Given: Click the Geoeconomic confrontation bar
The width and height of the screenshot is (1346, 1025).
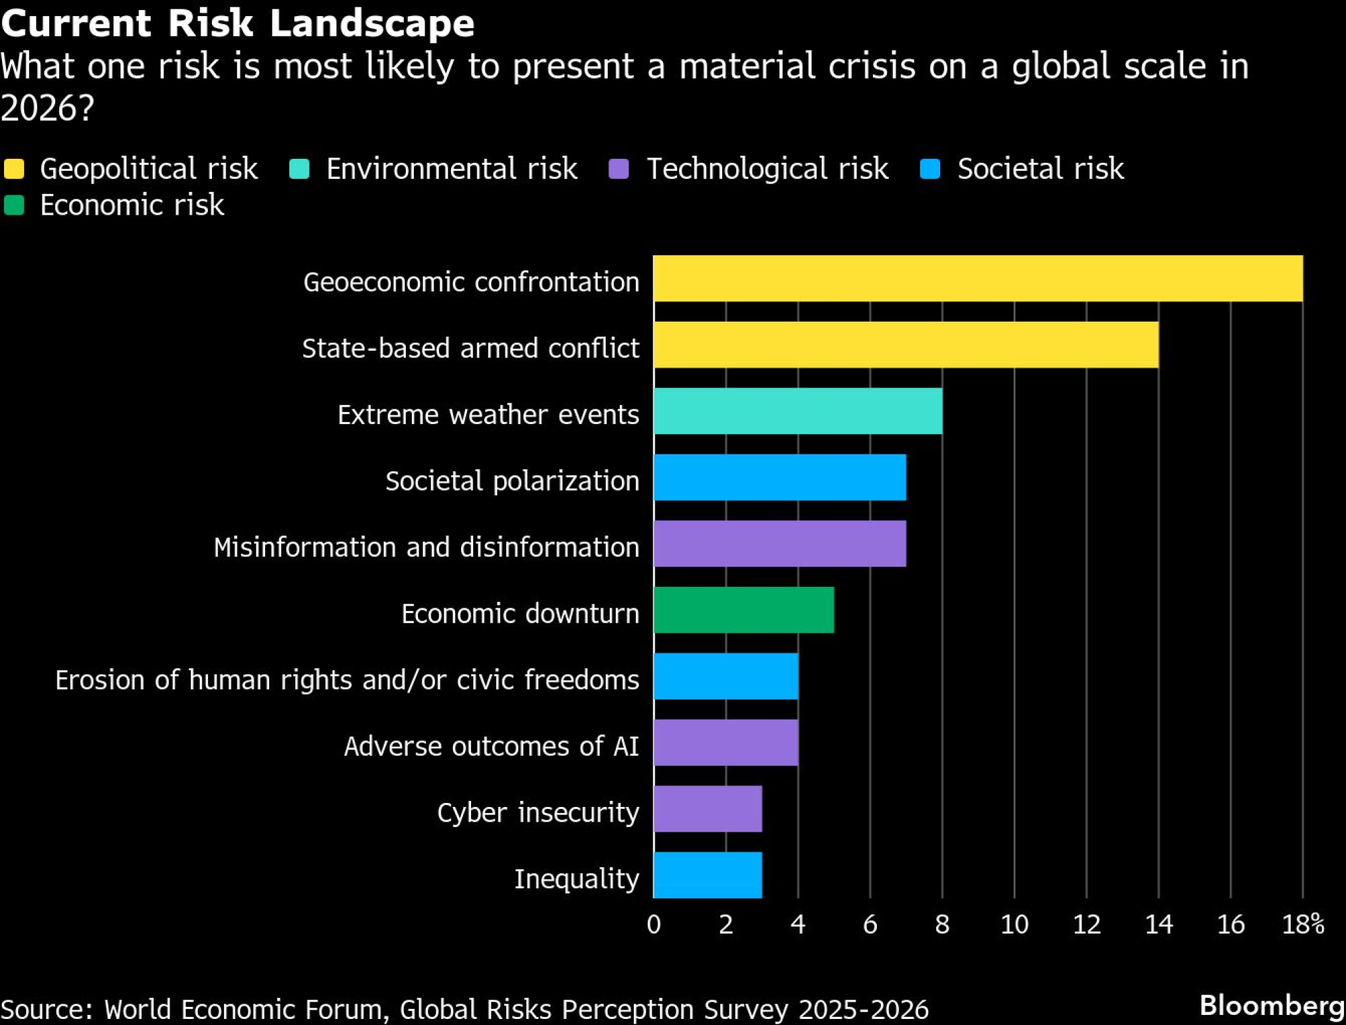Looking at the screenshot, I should point(977,279).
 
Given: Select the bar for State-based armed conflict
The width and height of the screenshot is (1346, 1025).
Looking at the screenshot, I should point(905,345).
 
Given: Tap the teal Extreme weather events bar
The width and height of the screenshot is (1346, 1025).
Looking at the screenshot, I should point(798,411).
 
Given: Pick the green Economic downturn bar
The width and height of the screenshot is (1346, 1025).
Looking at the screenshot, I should point(744,610).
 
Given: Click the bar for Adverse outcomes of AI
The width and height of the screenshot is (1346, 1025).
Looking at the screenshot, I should point(725,742).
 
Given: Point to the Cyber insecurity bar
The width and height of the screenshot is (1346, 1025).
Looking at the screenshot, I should point(707,809).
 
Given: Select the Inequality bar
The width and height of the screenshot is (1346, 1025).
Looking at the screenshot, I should point(707,875).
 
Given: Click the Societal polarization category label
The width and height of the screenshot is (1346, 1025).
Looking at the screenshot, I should point(512,481).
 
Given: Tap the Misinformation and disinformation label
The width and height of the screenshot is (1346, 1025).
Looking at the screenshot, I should point(426,547).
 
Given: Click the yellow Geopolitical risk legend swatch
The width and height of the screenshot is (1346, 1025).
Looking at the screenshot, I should point(14,169).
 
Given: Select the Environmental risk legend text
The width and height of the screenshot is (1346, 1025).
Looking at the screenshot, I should point(452,169).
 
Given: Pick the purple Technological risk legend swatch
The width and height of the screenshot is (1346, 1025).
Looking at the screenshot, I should point(618,169).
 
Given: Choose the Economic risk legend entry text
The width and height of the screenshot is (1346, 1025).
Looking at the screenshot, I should point(132,205).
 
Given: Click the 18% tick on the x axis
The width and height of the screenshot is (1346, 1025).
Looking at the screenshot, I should point(1303,925).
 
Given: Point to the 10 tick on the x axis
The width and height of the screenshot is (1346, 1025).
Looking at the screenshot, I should point(1014,925).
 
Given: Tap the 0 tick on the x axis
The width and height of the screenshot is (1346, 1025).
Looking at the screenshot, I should point(653,925).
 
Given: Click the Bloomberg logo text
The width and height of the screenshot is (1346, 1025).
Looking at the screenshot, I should point(1272,1005).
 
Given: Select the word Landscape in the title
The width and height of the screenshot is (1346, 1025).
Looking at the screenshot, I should point(372,23).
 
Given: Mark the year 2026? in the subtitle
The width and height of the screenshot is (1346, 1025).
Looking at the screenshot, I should point(47,108).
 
